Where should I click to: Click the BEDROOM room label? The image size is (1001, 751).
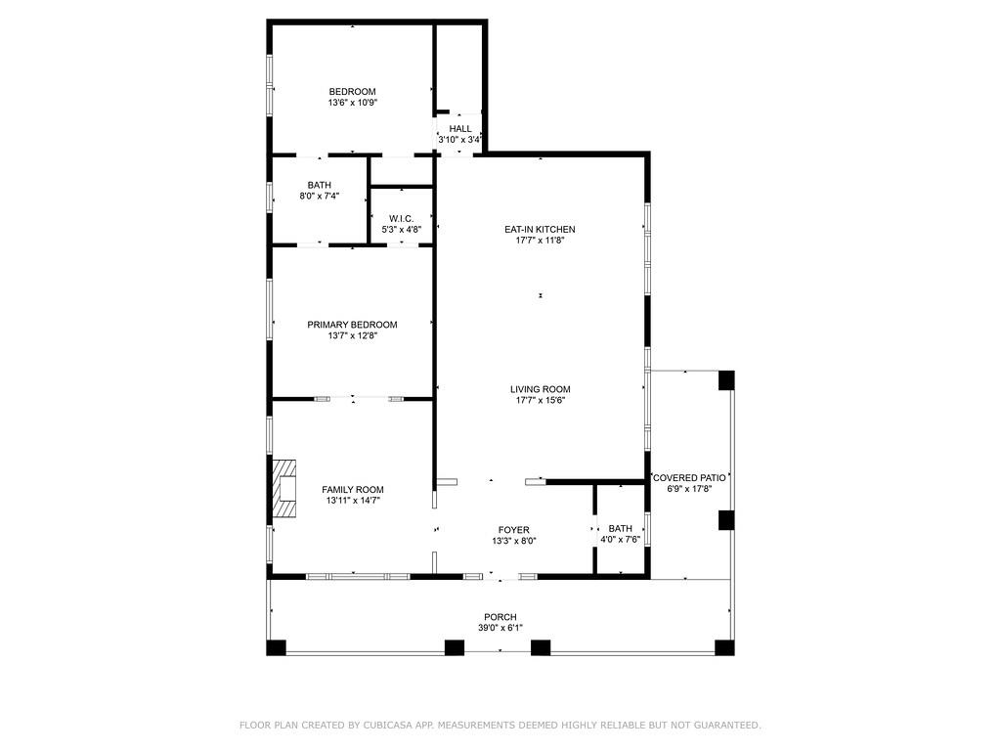click(352, 92)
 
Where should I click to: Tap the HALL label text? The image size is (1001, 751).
click(460, 129)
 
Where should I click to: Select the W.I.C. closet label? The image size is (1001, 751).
click(401, 218)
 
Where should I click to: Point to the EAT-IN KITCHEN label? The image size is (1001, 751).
click(540, 229)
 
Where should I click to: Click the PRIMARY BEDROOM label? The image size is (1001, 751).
click(352, 325)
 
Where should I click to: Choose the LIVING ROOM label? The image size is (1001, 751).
click(540, 389)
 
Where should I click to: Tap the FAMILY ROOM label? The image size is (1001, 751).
click(352, 490)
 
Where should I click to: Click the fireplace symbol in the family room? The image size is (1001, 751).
click(284, 487)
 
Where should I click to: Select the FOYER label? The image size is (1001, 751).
click(514, 530)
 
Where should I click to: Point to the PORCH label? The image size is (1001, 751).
click(500, 617)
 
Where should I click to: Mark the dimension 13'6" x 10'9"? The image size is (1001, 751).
click(352, 103)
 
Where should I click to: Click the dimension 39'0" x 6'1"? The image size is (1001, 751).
click(500, 628)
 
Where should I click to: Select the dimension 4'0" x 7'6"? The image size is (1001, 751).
click(620, 540)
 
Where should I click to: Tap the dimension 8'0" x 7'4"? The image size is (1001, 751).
click(319, 196)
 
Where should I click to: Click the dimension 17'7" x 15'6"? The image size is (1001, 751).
click(540, 400)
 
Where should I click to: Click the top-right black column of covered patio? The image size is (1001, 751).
click(726, 380)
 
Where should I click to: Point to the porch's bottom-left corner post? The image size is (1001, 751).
click(277, 647)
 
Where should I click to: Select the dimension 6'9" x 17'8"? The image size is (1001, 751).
click(689, 489)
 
